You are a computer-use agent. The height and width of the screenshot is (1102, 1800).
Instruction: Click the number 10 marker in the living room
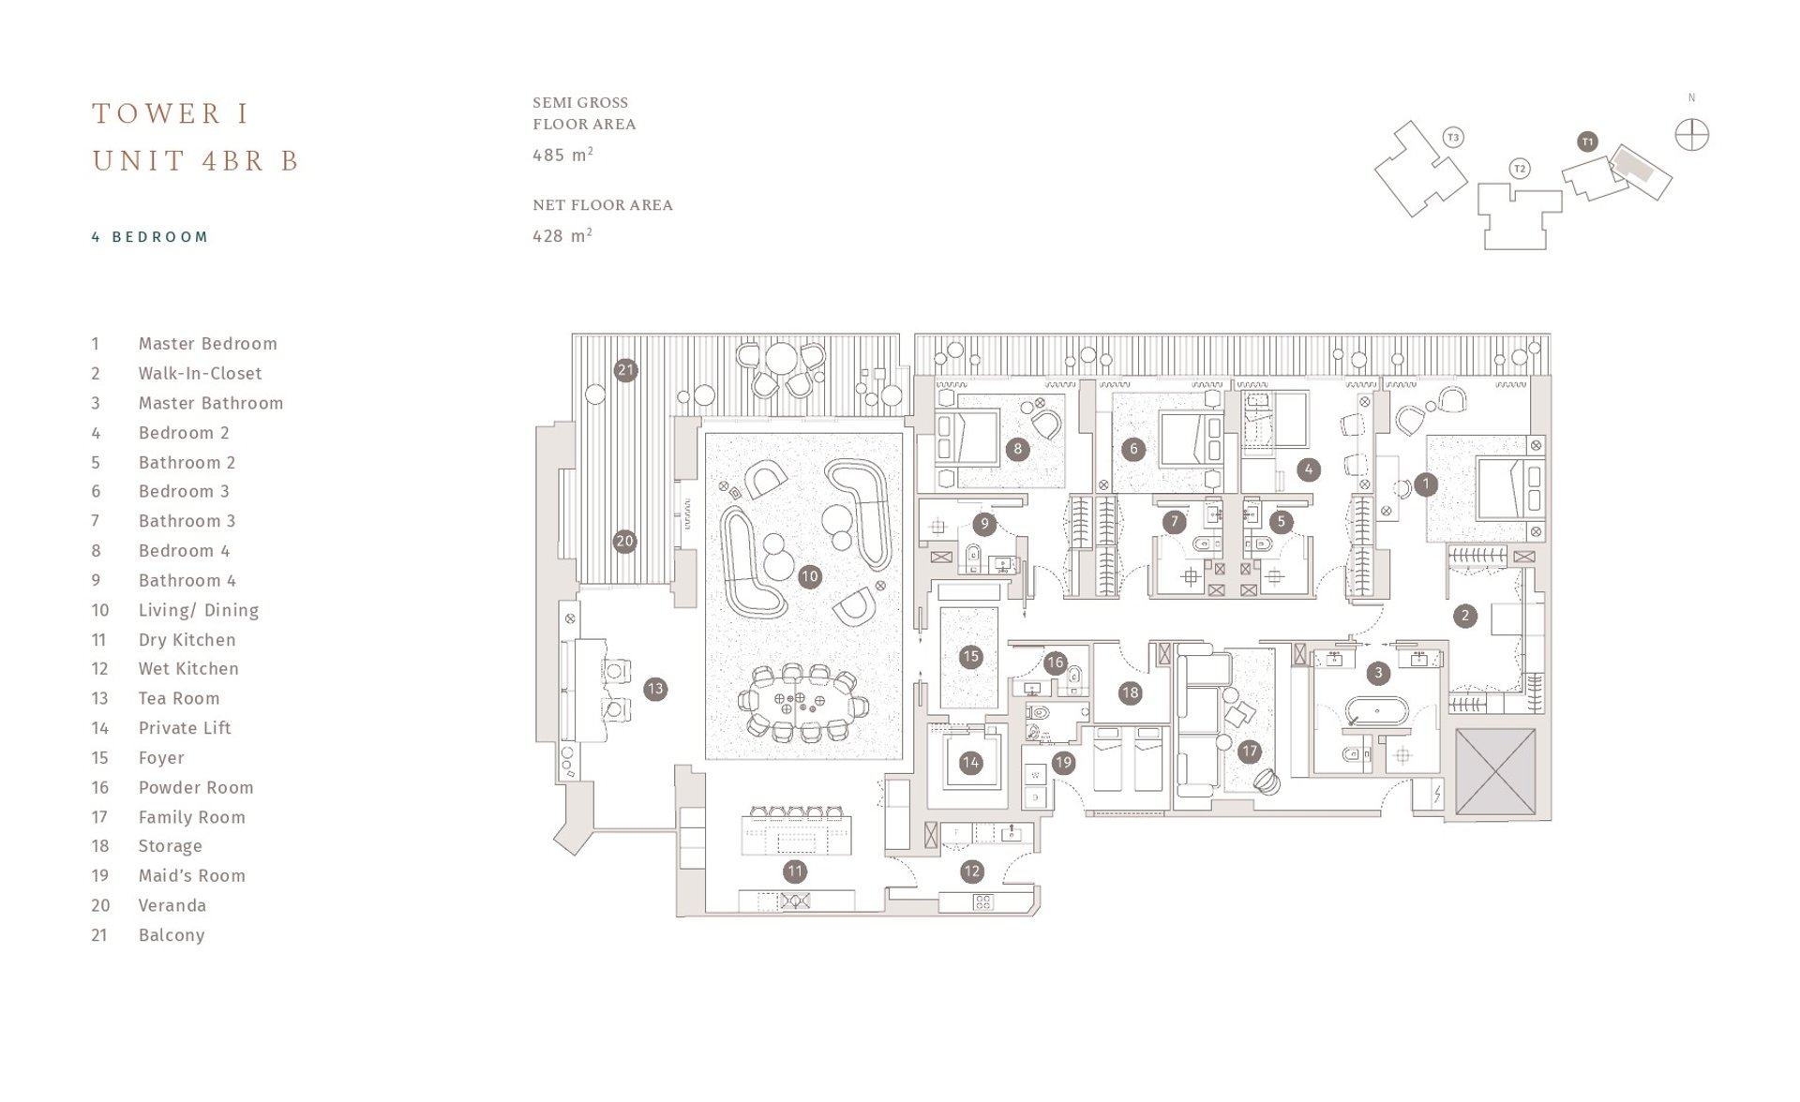pos(809,577)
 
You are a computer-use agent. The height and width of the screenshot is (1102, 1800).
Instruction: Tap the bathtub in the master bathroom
pos(1377,710)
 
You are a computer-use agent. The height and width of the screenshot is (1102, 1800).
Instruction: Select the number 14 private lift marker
pos(970,763)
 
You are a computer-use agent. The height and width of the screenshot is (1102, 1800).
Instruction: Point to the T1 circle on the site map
pos(1587,141)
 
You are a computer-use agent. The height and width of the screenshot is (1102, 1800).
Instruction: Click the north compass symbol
pos(1691,135)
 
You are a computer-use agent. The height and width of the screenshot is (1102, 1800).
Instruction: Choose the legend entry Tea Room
pos(178,698)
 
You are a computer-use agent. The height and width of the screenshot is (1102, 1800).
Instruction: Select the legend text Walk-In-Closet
pos(200,373)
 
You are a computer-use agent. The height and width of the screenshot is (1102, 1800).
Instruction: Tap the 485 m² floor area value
pos(562,155)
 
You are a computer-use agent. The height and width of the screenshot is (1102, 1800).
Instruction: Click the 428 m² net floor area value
pos(562,236)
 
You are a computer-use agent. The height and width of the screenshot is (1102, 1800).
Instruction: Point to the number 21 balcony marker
pos(625,370)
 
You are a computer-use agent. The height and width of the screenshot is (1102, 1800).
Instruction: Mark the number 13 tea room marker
pos(654,689)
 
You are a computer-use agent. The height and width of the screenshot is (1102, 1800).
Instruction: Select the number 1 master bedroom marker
pos(1425,484)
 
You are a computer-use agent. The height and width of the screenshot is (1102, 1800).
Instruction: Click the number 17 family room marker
pos(1249,751)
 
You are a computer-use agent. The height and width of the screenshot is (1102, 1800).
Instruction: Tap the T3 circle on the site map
pos(1453,138)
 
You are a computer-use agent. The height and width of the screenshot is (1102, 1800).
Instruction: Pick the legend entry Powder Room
pos(195,787)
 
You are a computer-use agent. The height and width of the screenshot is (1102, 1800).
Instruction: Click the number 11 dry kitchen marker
pos(795,871)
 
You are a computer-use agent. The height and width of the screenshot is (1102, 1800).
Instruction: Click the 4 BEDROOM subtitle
pos(150,237)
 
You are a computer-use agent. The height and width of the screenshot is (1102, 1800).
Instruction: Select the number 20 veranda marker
pos(624,541)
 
